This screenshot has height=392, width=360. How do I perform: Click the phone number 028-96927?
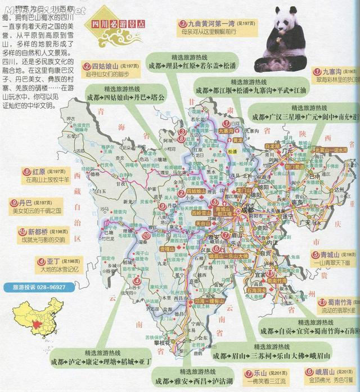pos(46,287)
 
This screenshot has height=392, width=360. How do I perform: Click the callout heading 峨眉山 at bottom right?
pos(325,372)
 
